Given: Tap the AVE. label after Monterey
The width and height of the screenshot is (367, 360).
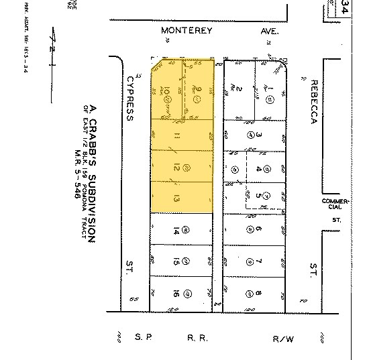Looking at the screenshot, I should pyautogui.click(x=269, y=31).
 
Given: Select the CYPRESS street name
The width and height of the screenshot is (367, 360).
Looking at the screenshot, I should pyautogui.click(x=129, y=98).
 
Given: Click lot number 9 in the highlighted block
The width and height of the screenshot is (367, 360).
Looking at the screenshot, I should pyautogui.click(x=199, y=88).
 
